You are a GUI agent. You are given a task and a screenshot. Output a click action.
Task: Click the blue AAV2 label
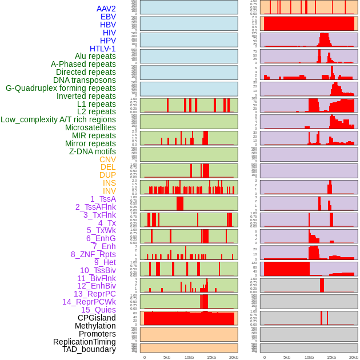106,9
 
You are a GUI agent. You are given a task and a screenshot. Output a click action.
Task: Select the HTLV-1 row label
103,49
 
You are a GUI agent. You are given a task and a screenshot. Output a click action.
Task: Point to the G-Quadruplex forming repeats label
61,88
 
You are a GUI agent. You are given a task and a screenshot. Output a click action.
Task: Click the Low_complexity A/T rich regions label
58,119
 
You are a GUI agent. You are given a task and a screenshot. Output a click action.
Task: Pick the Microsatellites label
90,127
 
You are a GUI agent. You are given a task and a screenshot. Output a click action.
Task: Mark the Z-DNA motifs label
93,151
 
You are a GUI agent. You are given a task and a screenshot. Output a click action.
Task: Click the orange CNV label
107,159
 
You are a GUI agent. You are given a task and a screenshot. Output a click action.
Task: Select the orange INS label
109,183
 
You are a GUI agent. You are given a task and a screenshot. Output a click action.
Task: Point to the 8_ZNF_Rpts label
93,254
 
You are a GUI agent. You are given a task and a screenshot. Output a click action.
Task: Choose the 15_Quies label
98,310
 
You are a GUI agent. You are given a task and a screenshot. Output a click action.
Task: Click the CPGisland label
97,318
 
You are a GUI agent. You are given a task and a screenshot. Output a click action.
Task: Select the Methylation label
91,326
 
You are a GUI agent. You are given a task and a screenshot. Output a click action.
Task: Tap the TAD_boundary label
89,349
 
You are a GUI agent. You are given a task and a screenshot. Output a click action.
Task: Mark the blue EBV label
108,17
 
